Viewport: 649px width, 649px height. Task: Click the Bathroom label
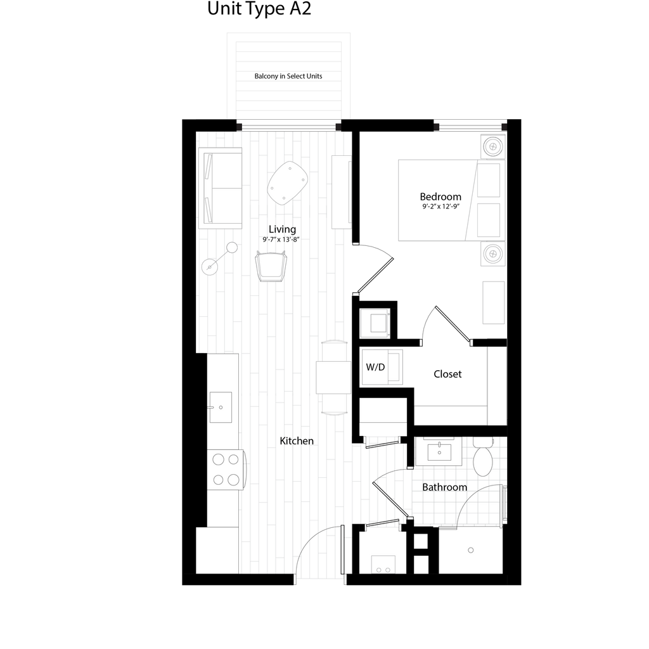[444, 487]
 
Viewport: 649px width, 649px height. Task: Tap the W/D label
[375, 367]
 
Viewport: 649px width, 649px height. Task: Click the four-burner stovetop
[226, 470]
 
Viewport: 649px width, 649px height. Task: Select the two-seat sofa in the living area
[219, 188]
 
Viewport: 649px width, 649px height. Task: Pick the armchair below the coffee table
[271, 265]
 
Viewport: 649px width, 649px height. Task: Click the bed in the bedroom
[437, 200]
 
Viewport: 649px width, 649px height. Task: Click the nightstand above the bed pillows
[492, 147]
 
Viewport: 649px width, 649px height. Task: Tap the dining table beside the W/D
[333, 377]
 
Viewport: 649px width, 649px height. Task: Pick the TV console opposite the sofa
[340, 191]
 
